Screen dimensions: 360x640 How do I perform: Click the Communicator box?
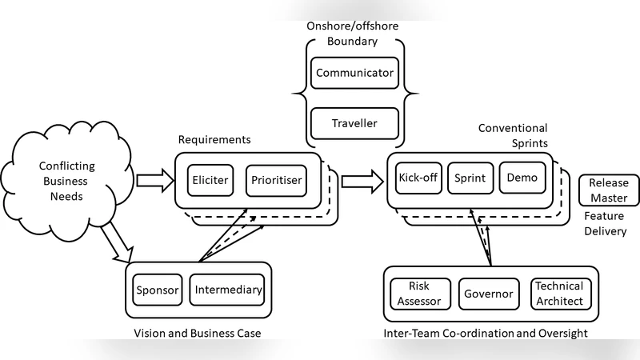(354, 73)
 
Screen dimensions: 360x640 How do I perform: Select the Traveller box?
(354, 123)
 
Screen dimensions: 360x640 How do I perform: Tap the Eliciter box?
(210, 180)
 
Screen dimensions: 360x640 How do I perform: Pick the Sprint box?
(470, 178)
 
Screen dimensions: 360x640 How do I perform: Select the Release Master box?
(609, 190)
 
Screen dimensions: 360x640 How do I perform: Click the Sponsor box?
(157, 290)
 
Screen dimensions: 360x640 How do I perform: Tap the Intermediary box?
(227, 290)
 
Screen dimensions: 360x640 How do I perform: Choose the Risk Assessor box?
(419, 293)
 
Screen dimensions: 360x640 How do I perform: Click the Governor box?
(488, 294)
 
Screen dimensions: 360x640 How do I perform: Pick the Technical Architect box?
(559, 293)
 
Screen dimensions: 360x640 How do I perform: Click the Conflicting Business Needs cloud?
(66, 180)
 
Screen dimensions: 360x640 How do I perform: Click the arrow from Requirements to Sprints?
(361, 180)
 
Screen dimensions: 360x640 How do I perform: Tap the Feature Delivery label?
(604, 224)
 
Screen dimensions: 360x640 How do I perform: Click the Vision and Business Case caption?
(198, 333)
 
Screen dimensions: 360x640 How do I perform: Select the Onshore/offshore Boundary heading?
(352, 33)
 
